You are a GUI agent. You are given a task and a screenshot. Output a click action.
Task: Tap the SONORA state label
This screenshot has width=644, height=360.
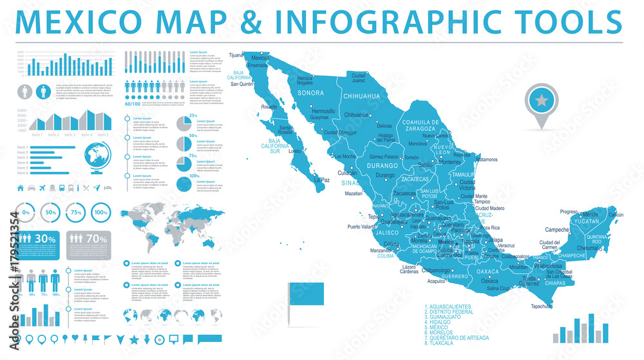point(310,93)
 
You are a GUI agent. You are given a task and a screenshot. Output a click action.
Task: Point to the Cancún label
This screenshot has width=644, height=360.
point(616,214)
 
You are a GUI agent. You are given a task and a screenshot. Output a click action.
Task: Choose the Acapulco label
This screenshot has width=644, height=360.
point(437,281)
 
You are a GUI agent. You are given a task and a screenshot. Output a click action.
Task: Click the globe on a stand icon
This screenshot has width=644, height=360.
point(98,158)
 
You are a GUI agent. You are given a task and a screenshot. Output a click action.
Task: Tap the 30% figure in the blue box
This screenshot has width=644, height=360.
point(45,238)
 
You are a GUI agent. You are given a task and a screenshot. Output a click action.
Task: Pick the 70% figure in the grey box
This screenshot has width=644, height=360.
point(97,238)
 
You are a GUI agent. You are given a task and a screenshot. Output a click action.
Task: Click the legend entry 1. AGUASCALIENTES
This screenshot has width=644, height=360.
point(457,307)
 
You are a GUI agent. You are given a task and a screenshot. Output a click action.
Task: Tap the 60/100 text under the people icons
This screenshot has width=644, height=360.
point(132,104)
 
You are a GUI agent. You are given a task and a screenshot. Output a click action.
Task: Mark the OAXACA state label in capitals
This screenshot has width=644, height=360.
point(488,272)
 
